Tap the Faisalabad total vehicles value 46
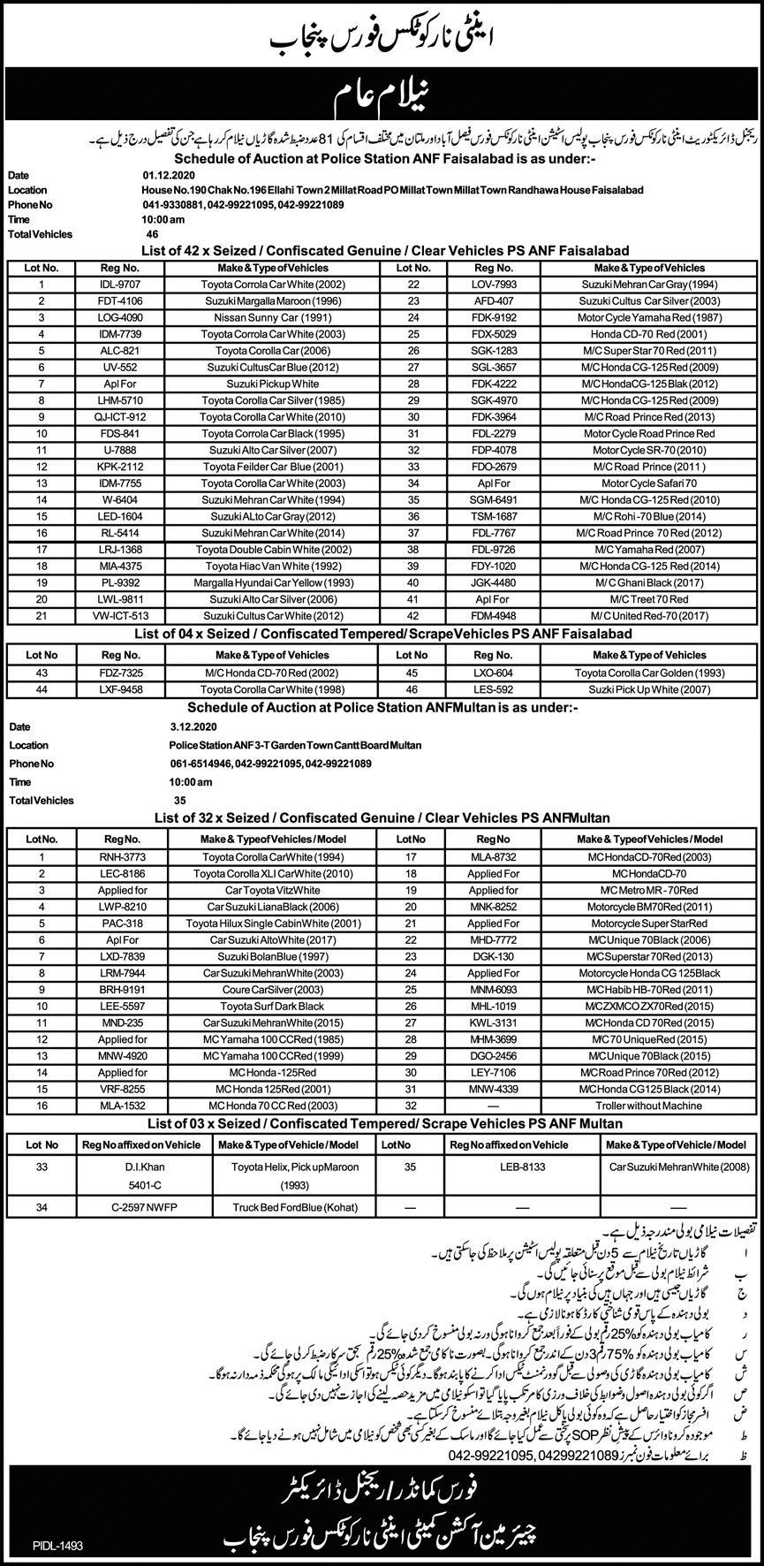(x=153, y=234)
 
